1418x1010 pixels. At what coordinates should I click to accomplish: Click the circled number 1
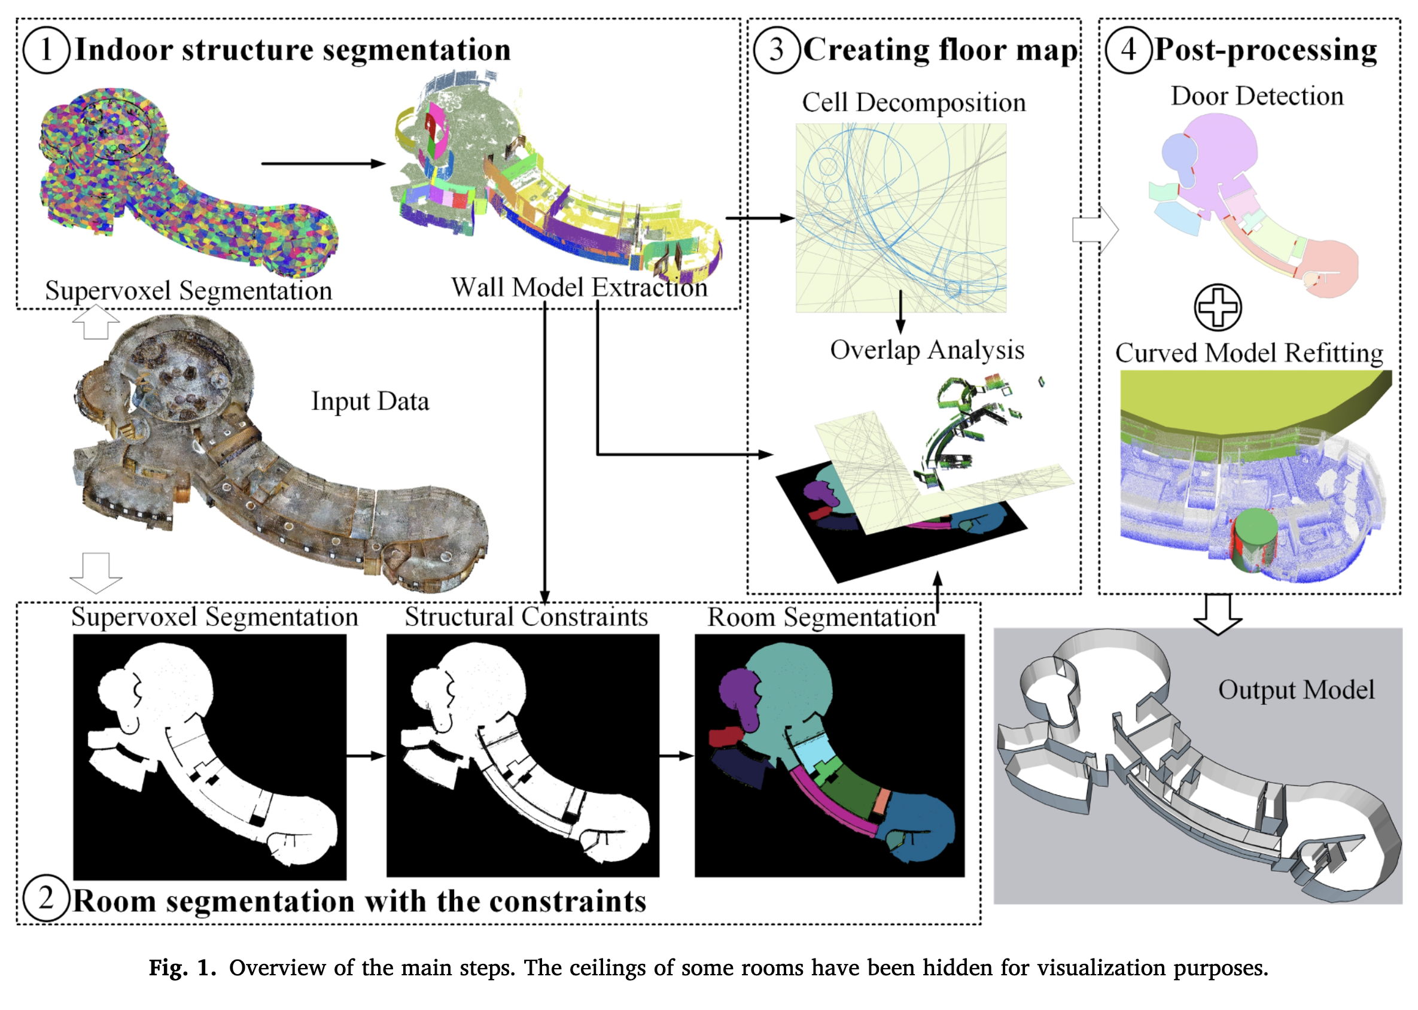pos(46,50)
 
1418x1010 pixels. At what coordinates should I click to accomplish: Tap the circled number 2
pos(46,899)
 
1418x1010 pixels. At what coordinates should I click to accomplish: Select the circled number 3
pos(776,50)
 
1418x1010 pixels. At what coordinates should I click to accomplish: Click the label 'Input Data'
pos(370,401)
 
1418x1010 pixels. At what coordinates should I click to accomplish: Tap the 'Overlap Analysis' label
pos(927,350)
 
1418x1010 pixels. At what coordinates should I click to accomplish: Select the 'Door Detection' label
pos(1257,96)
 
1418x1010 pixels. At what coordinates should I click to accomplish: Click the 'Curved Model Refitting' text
pos(1249,353)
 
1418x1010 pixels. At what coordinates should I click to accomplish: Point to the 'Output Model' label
pos(1296,690)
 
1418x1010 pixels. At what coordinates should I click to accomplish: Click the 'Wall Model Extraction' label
pos(579,288)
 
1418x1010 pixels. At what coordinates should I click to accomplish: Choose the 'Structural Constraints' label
pos(526,617)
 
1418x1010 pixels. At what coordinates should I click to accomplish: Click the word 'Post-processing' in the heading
pos(1265,50)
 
